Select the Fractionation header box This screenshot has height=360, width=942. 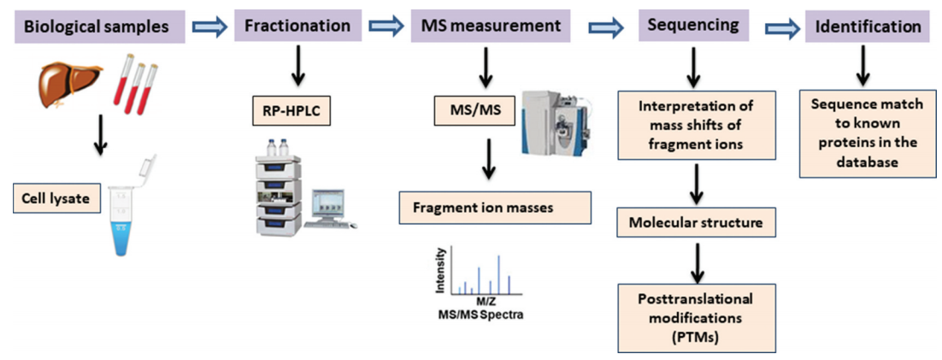(297, 27)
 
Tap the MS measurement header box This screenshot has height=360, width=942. (488, 27)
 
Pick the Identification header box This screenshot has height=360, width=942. (867, 27)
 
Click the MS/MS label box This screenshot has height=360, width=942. (471, 109)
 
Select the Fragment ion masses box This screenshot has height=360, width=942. (495, 207)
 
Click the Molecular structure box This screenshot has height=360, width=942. (696, 223)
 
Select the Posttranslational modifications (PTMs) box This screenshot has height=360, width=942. (696, 318)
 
